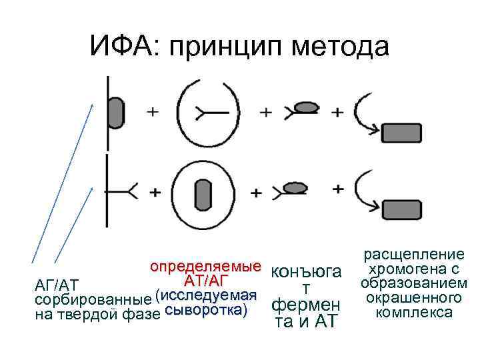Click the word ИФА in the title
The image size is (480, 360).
[x=124, y=46]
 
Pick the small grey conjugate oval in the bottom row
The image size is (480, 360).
[x=295, y=189]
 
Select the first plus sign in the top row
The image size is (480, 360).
[x=153, y=111]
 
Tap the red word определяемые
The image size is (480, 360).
[x=205, y=269]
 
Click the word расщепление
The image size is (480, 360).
[x=413, y=255]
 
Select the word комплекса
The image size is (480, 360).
[x=413, y=312]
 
